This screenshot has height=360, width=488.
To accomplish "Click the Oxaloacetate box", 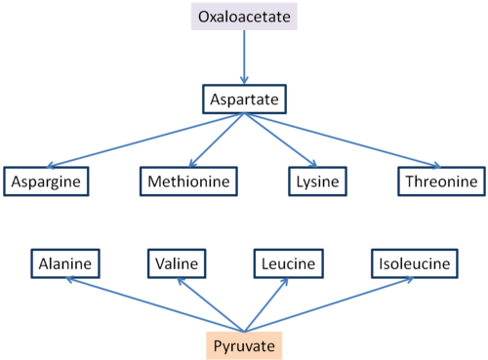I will pyautogui.click(x=244, y=17).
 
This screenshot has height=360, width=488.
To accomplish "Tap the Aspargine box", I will pyautogui.click(x=46, y=180).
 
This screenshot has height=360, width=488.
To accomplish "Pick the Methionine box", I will pyautogui.click(x=189, y=180).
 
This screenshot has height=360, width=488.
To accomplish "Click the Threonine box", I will pyautogui.click(x=440, y=180).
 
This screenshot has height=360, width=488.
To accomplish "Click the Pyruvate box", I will pyautogui.click(x=244, y=345).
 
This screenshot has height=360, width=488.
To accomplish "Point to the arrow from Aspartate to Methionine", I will pyautogui.click(x=218, y=140).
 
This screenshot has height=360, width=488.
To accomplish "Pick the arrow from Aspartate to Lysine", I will pyautogui.click(x=279, y=140).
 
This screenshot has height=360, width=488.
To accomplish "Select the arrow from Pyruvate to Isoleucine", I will pyautogui.click(x=327, y=304).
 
